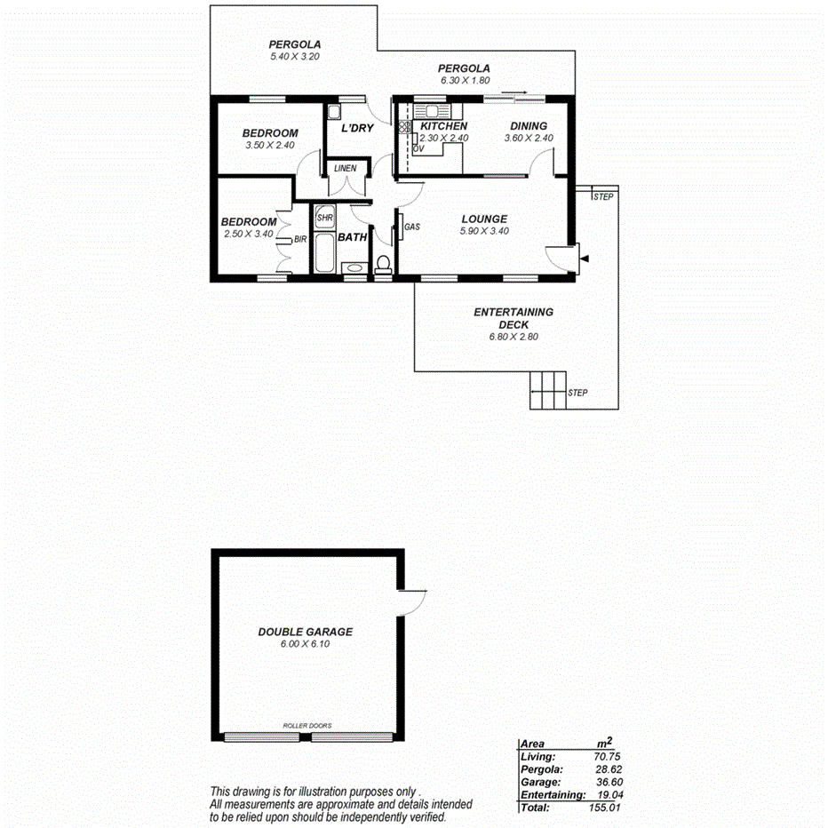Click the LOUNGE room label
(x=483, y=219)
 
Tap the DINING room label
(x=528, y=126)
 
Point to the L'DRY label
(x=357, y=129)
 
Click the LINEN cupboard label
(x=345, y=168)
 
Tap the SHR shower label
(x=324, y=218)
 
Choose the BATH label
(x=353, y=237)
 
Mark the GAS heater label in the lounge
(x=411, y=227)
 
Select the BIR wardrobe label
(x=300, y=239)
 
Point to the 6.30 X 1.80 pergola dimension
(x=465, y=81)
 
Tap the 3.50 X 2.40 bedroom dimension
(x=269, y=145)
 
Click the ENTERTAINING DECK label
(x=514, y=318)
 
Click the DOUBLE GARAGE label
(x=305, y=632)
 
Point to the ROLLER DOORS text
(x=307, y=726)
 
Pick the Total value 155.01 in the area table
(x=603, y=808)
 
